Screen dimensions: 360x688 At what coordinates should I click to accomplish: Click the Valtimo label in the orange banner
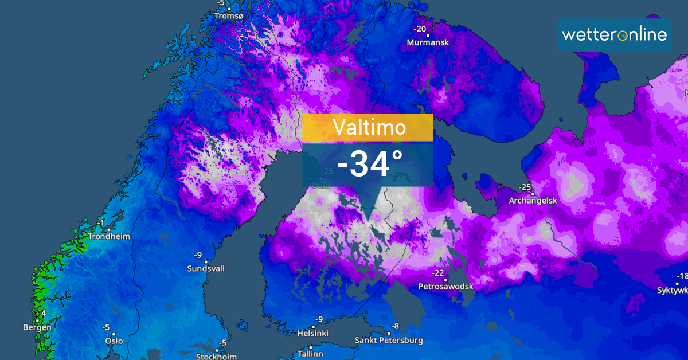pos(368,127)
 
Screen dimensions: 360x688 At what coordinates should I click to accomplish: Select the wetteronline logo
pos(614,34)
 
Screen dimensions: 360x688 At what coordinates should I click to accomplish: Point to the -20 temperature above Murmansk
pos(420,29)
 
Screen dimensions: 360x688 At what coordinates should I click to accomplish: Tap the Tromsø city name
pos(229,16)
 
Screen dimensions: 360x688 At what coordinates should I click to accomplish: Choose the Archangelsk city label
pos(534,201)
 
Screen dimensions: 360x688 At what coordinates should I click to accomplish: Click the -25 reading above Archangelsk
pos(525,187)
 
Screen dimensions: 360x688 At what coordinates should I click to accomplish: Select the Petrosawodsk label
pos(445,285)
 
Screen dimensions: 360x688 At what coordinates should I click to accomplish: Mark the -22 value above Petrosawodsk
pos(439,273)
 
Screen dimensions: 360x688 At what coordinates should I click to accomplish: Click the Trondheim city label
pos(109,236)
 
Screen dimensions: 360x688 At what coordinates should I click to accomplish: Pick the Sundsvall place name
pos(206,268)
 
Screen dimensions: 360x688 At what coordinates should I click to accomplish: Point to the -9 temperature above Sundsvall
pos(198,255)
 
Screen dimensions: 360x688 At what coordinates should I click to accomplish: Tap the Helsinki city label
pos(312,333)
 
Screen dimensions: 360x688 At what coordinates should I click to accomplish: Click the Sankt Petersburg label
pos(389,340)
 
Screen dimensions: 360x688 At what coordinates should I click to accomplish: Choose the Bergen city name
pos(37,327)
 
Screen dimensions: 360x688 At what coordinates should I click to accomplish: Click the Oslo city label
pos(114,341)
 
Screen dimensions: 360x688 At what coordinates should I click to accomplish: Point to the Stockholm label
pos(216,356)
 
